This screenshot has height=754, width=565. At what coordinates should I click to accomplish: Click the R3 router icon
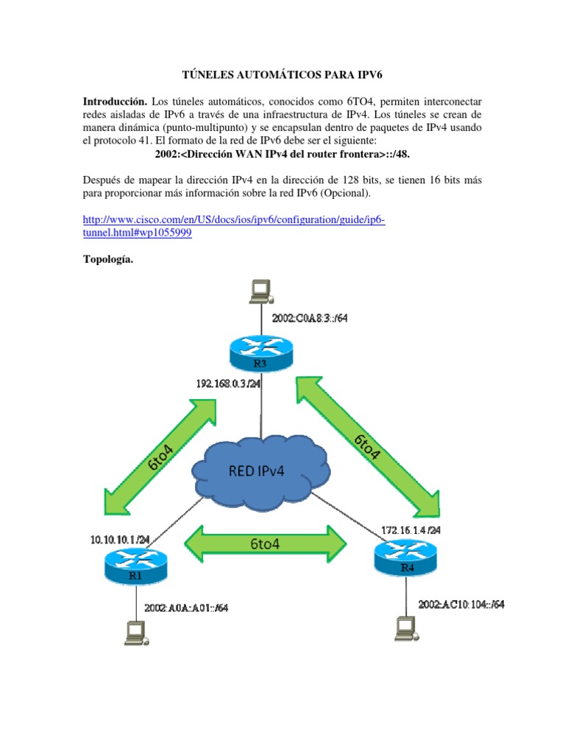coord(261,353)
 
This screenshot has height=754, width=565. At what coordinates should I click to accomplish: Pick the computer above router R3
coord(260,292)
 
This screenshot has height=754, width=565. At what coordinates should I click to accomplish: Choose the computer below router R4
coord(405,627)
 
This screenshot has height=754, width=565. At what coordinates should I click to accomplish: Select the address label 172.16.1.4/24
coord(411,529)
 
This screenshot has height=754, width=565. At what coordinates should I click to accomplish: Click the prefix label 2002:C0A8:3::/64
coord(310,318)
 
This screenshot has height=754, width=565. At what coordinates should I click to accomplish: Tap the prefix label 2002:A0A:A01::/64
coord(185,607)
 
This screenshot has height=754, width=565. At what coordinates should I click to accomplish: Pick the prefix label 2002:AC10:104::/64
coord(461,604)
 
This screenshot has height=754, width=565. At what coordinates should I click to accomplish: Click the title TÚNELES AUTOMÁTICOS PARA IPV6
coord(283,74)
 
